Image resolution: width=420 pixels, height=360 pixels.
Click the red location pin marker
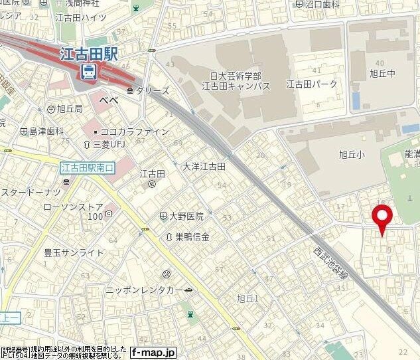(382, 219)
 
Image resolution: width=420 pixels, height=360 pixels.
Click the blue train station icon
(88, 70)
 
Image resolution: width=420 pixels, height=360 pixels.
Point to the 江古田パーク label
(312, 84)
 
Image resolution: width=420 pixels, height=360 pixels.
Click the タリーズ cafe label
(153, 90)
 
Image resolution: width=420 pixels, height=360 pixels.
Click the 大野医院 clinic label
(185, 217)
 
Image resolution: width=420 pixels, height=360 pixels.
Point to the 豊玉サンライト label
(73, 252)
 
